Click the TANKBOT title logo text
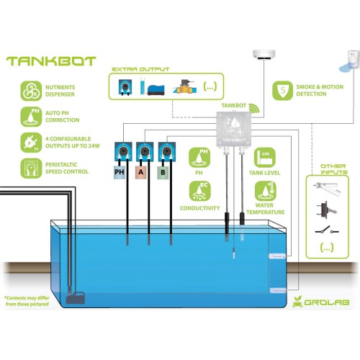51,61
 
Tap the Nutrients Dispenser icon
31,91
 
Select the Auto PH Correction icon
31,117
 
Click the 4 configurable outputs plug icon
31,143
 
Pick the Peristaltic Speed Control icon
31,168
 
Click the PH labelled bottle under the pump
120,172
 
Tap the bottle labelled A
141,172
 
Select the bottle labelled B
163,172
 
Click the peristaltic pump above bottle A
145,152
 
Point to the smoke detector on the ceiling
264,54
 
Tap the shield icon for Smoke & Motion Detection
283,91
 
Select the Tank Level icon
265,158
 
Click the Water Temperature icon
266,191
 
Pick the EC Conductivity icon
199,191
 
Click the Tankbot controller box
234,129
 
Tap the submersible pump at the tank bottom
76,297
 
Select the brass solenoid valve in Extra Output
184,87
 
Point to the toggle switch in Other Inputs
327,210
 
